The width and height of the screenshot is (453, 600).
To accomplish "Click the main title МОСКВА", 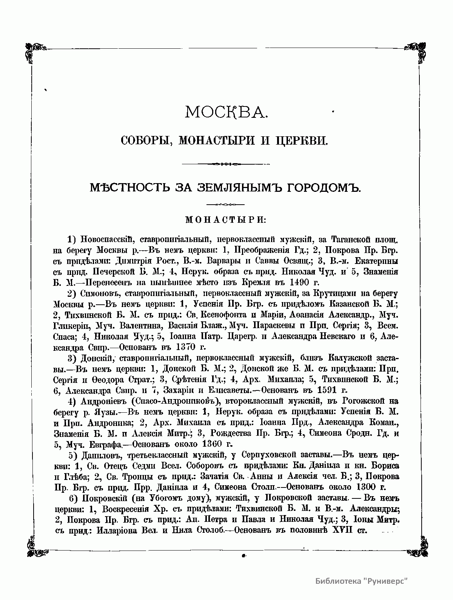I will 226,112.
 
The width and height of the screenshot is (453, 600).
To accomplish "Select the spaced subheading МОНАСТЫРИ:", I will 226,219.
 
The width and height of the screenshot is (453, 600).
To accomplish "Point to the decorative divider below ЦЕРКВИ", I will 226,164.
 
